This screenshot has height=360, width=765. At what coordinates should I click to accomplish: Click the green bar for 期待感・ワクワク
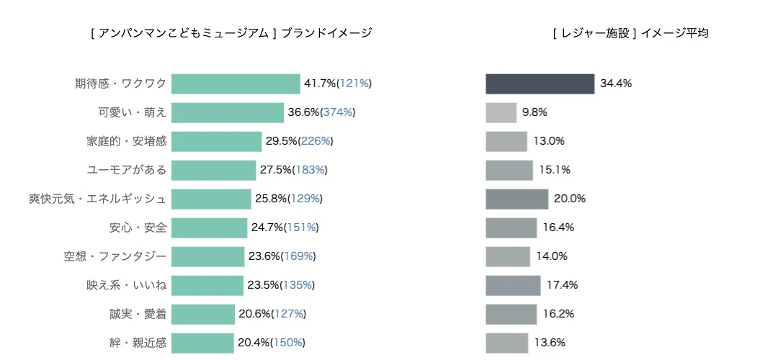(x=236, y=84)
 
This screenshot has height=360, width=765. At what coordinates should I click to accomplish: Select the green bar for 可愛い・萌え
(x=228, y=113)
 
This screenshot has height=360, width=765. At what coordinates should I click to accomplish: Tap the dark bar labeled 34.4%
(x=540, y=84)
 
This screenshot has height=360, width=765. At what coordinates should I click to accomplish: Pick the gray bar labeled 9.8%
(x=501, y=113)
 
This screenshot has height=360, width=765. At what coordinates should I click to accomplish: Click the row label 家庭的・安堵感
(x=126, y=141)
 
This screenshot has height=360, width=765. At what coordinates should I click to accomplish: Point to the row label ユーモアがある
(x=127, y=170)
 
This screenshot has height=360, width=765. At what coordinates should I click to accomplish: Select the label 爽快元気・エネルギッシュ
(x=97, y=199)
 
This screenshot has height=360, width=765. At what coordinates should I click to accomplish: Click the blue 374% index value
(x=338, y=113)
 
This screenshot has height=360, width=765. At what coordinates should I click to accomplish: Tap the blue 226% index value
(x=316, y=141)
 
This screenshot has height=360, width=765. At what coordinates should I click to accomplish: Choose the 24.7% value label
(x=267, y=228)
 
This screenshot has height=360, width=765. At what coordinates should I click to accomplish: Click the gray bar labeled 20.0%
(x=517, y=199)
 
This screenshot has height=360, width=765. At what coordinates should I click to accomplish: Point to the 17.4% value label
(x=562, y=285)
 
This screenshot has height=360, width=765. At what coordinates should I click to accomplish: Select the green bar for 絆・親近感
(x=203, y=343)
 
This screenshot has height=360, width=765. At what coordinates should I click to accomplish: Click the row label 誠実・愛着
(x=138, y=314)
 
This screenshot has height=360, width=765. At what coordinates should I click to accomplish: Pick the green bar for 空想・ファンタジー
(x=208, y=256)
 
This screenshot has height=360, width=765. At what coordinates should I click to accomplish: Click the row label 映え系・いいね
(x=126, y=285)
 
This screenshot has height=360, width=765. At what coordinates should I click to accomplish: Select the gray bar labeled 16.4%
(x=511, y=228)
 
